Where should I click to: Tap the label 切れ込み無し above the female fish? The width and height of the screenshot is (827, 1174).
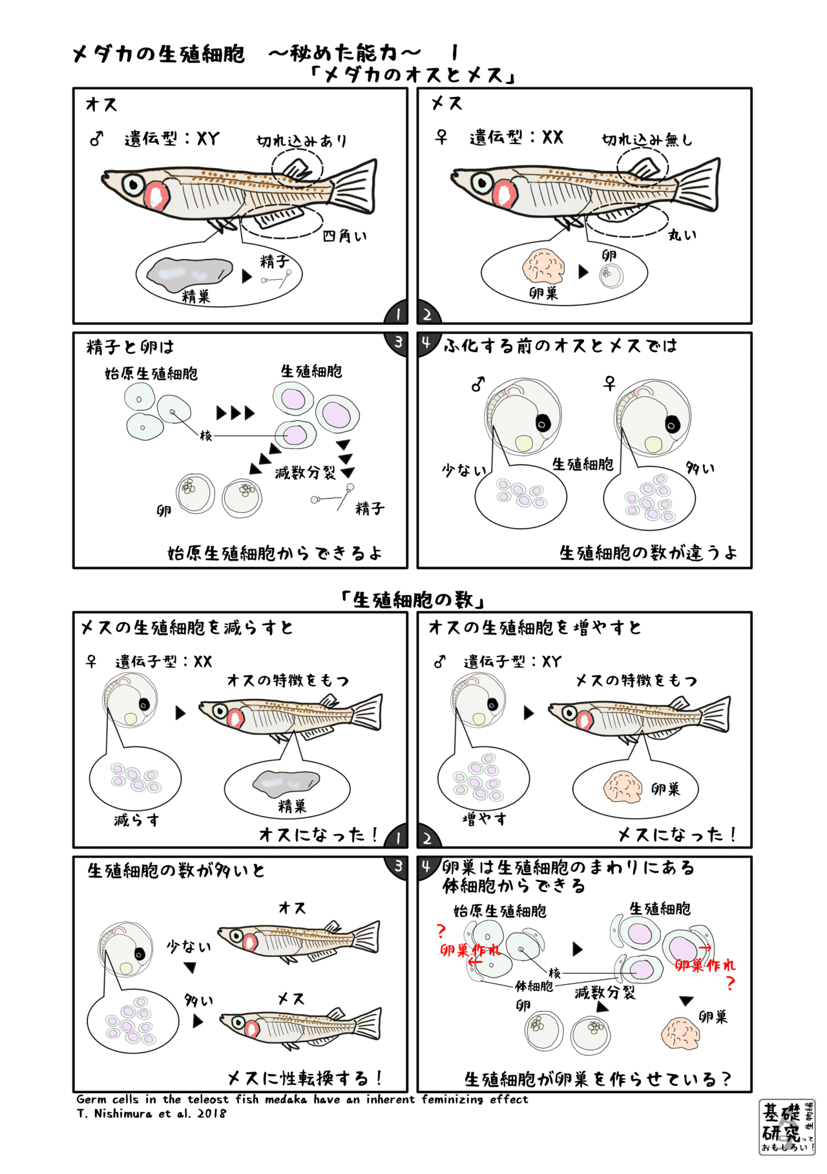point(646,140)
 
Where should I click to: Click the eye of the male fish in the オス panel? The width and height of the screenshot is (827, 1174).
point(133,184)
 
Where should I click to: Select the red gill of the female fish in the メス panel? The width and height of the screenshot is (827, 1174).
point(504,194)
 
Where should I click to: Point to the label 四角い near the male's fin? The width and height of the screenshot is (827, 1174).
point(344,236)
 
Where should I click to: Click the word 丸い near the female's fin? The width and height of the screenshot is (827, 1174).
point(682,235)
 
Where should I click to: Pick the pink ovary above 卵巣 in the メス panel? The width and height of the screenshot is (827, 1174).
point(543,266)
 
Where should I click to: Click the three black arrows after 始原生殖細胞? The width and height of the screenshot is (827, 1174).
point(236,413)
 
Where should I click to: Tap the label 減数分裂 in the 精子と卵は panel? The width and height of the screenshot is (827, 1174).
point(305,473)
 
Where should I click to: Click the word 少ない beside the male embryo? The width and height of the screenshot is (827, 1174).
point(463,470)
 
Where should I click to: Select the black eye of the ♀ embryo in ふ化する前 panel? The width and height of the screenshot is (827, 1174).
point(673,425)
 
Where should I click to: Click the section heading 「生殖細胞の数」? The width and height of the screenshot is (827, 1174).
point(413,600)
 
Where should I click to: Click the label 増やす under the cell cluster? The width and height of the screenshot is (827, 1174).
point(485,819)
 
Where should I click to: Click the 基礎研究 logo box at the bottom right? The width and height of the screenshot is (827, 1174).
point(787,1127)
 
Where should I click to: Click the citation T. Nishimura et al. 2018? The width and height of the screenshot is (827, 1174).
point(151,1113)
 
